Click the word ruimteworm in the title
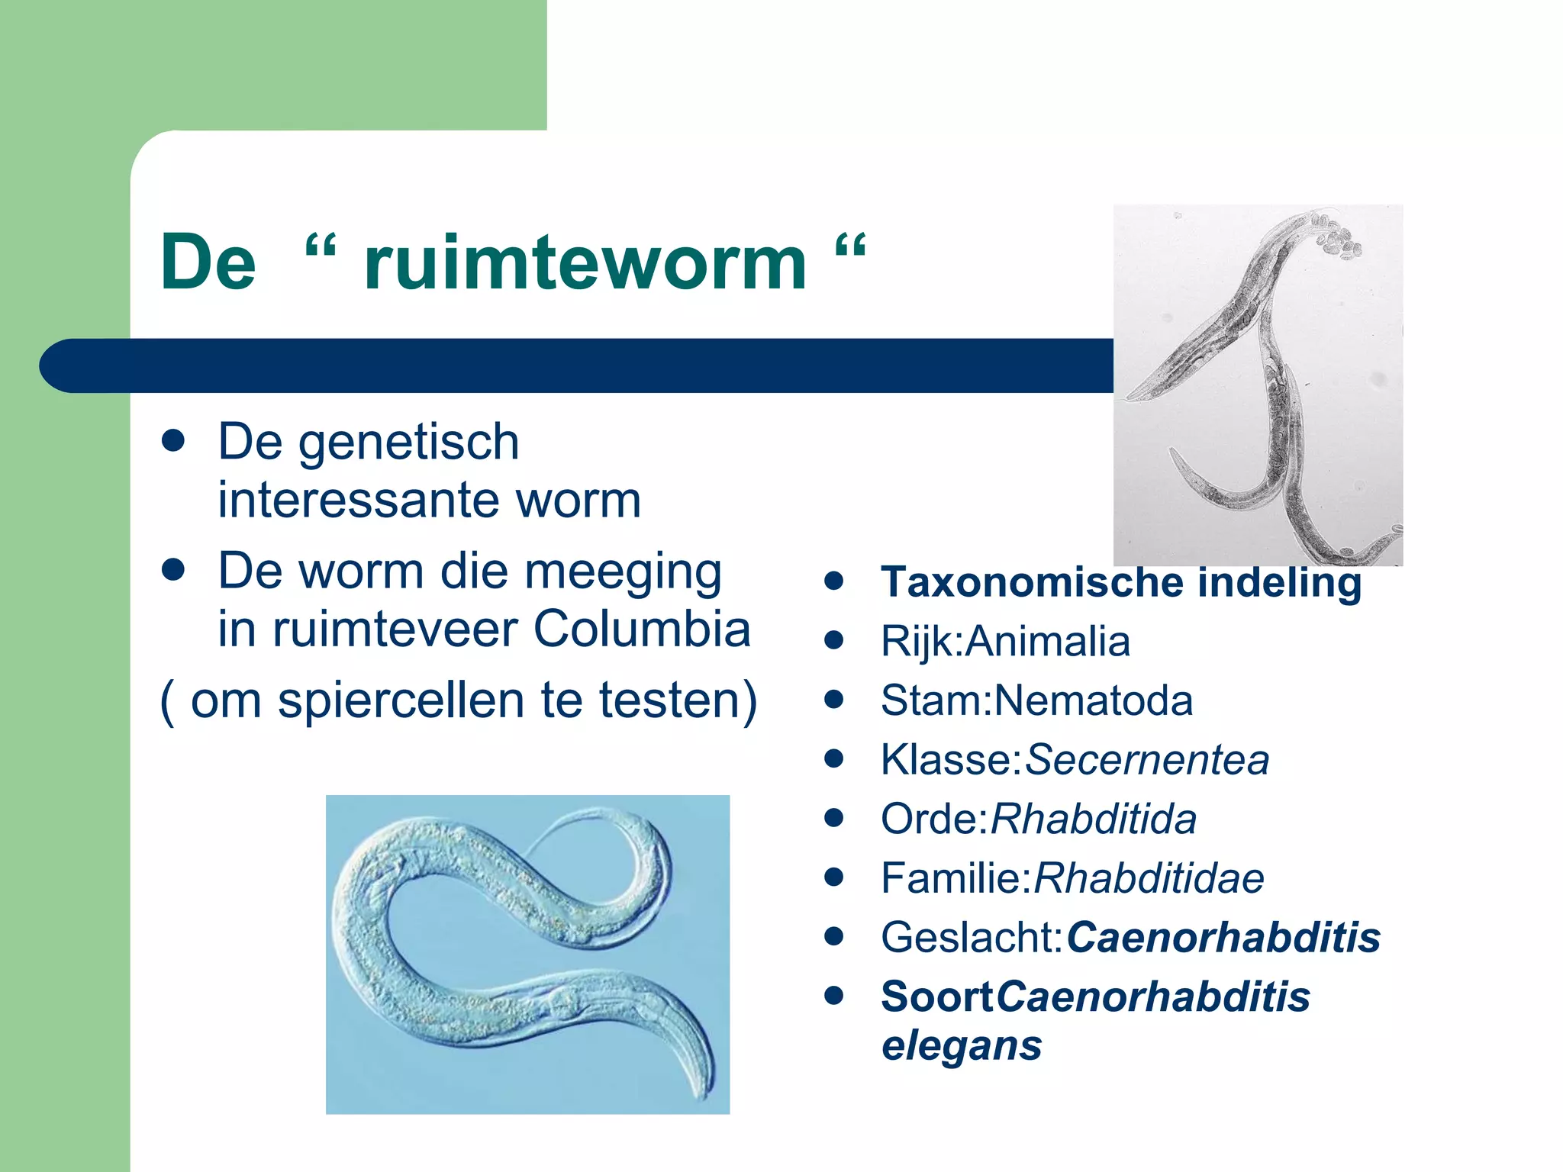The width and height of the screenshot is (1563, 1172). (585, 263)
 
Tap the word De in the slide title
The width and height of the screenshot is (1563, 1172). (208, 263)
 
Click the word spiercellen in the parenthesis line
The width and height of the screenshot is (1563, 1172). (401, 700)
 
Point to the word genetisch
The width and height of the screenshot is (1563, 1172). (408, 443)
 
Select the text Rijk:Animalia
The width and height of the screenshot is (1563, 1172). (1004, 641)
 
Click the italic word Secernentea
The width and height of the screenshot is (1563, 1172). (1146, 760)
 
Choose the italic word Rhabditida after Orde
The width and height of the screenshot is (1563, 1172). (1093, 819)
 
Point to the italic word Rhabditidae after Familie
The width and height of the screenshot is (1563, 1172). (1148, 878)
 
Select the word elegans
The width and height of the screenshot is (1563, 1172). (961, 1045)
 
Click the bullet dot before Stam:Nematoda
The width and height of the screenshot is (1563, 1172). (834, 700)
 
